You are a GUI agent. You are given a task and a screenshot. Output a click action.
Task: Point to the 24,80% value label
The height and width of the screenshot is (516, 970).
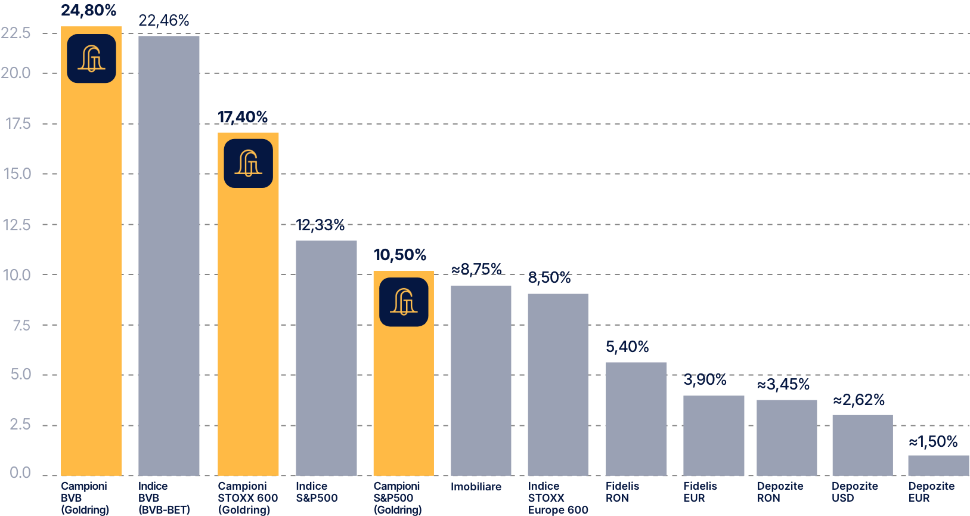[x=88, y=10]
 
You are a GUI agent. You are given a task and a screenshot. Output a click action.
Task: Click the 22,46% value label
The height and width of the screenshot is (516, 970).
[x=164, y=21]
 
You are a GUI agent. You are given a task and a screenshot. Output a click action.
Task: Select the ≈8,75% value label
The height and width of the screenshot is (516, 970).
[x=477, y=270]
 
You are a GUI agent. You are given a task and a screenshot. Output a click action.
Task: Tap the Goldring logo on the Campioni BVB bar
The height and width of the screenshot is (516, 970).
[x=91, y=58]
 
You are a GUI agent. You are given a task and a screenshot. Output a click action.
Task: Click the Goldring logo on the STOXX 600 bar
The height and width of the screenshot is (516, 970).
[x=248, y=163]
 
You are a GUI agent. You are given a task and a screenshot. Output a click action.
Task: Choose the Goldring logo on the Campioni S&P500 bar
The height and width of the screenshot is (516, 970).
[x=404, y=302]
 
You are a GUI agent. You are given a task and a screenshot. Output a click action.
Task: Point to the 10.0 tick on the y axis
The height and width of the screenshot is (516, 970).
[x=16, y=275]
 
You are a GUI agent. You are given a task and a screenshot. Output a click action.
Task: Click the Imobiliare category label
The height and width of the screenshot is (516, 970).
[x=476, y=487]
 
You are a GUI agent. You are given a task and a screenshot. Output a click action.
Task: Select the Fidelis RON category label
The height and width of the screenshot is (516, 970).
[x=622, y=492]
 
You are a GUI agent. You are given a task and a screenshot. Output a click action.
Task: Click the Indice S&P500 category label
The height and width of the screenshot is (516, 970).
[x=317, y=492]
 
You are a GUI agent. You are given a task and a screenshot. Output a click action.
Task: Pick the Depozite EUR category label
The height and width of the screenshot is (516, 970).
[x=931, y=492]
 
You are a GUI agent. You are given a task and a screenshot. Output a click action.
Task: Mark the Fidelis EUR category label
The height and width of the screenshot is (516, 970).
[x=700, y=492]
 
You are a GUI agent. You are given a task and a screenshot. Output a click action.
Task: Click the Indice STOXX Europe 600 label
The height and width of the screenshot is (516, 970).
[x=557, y=498]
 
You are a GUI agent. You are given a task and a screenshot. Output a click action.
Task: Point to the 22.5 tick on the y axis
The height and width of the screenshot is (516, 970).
[x=16, y=32]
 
